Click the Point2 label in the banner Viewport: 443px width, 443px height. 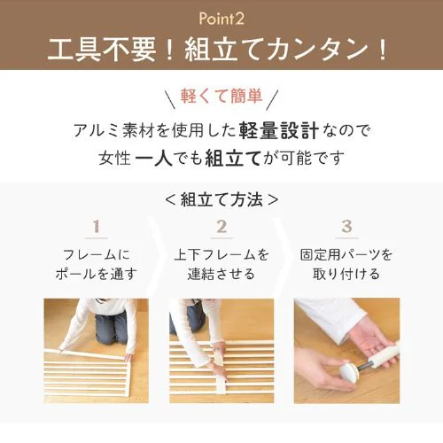[x=221, y=19]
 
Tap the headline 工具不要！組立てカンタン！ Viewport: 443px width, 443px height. [x=218, y=50]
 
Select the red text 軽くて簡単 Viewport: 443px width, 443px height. [x=221, y=96]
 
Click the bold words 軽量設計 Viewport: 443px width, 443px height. [x=279, y=130]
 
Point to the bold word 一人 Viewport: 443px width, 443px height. [x=154, y=158]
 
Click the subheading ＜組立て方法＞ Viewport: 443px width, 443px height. [x=221, y=199]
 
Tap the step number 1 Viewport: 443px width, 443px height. [x=97, y=227]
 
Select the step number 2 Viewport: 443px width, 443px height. [x=221, y=227]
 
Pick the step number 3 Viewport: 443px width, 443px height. [x=346, y=227]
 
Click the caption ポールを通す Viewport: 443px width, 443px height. [x=97, y=274]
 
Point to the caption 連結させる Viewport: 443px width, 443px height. [x=221, y=274]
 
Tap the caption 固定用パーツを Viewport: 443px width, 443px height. [x=346, y=255]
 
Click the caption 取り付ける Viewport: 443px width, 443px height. [x=346, y=274]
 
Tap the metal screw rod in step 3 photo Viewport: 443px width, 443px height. [x=365, y=367]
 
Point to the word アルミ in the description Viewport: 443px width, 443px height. [x=96, y=130]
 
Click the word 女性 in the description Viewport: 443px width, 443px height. [x=115, y=159]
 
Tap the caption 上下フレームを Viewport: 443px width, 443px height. [x=221, y=255]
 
